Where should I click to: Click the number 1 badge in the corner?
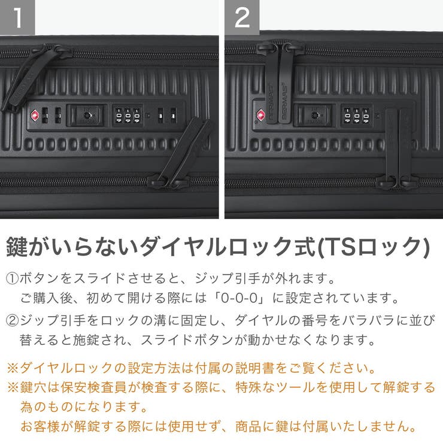(17, 17)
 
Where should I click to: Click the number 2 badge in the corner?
(242, 17)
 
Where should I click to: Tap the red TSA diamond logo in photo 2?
(261, 114)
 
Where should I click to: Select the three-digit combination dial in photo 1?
(128, 115)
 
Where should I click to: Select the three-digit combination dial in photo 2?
(356, 115)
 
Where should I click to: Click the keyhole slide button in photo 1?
(87, 114)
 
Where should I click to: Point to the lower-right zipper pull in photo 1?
(180, 153)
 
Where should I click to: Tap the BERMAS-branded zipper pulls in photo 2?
(275, 84)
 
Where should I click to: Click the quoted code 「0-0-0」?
(249, 298)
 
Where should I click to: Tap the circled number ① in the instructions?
(13, 279)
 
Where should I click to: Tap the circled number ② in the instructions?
(13, 320)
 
